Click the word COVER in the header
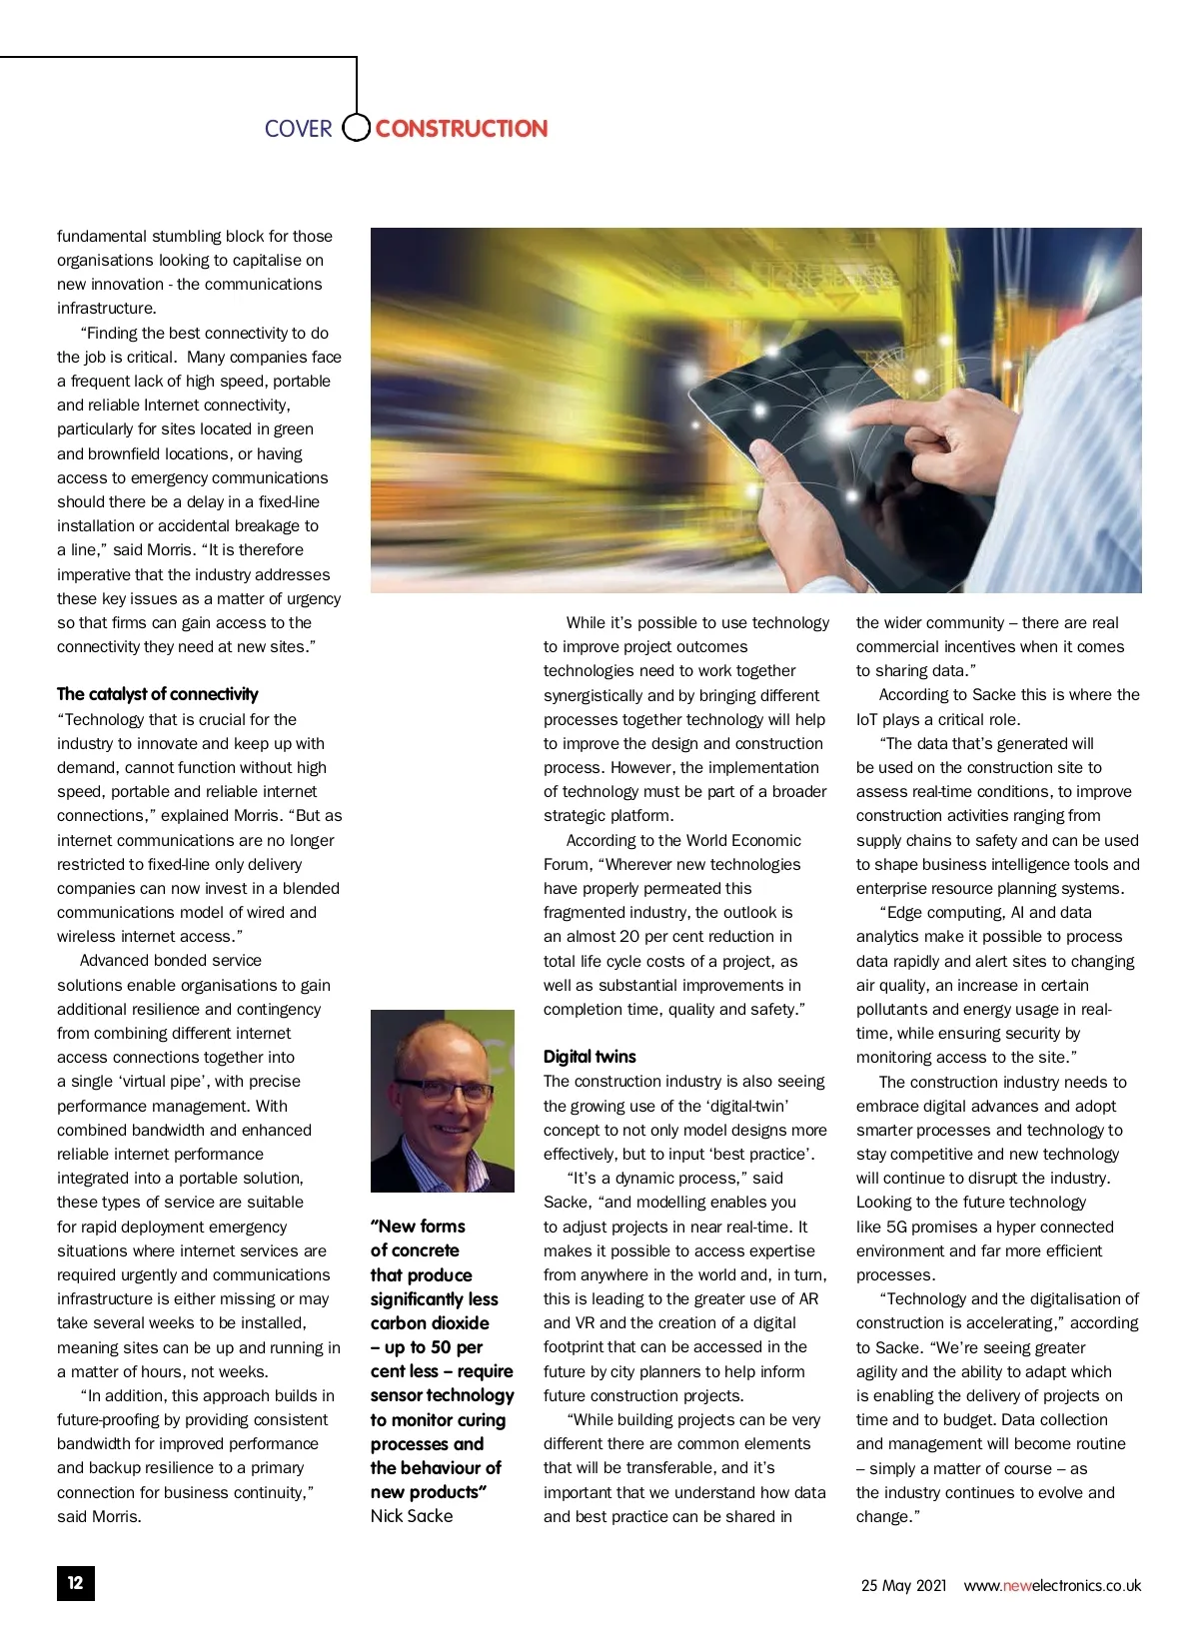click(x=298, y=129)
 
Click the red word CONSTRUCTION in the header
click(x=461, y=129)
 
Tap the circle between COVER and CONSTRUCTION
click(x=356, y=128)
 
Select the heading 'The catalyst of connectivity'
click(x=157, y=694)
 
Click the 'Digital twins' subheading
click(x=590, y=1057)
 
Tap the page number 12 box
click(x=76, y=1583)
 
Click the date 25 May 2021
click(x=903, y=1585)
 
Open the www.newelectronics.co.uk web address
click(x=1052, y=1585)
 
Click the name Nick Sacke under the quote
click(x=412, y=1516)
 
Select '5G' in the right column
click(x=896, y=1226)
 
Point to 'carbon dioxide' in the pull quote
click(x=430, y=1323)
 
